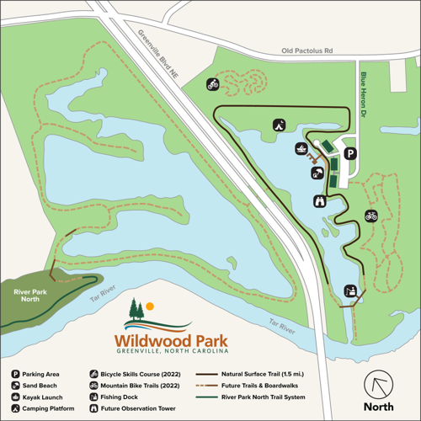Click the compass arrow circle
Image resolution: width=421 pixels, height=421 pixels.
tap(378, 386)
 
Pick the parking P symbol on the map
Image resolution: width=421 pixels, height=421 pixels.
tap(349, 153)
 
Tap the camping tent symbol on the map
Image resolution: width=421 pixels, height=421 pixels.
tap(277, 125)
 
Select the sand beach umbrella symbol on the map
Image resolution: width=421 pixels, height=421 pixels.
tap(317, 175)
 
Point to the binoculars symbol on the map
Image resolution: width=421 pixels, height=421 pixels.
tap(320, 201)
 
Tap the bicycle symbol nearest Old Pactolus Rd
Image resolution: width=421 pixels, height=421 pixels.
tap(214, 84)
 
